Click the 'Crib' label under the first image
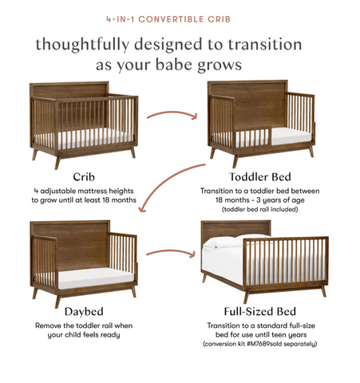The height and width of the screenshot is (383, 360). pyautogui.click(x=84, y=177)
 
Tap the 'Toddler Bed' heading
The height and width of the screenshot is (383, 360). pyautogui.click(x=260, y=177)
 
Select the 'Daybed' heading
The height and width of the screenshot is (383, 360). pyautogui.click(x=84, y=312)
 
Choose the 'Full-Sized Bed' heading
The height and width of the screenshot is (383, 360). pyautogui.click(x=260, y=311)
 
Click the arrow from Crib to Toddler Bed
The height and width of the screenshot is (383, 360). pyautogui.click(x=172, y=113)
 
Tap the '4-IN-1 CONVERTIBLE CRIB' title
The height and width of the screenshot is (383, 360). pyautogui.click(x=168, y=19)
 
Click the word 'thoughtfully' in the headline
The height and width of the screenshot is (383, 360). pyautogui.click(x=82, y=45)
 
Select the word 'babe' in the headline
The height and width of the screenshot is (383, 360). pyautogui.click(x=173, y=65)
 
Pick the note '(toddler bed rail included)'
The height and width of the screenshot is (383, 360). pyautogui.click(x=260, y=209)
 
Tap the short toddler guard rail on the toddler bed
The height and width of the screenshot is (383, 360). pyautogui.click(x=253, y=137)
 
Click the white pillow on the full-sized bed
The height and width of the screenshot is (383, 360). pyautogui.click(x=226, y=241)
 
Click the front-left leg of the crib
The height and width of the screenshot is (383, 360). pyautogui.click(x=57, y=162)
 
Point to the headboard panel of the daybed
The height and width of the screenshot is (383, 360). pyautogui.click(x=82, y=246)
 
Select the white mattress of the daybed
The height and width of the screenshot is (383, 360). pyautogui.click(x=96, y=278)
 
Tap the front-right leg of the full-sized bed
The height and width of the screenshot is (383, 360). pyautogui.click(x=323, y=291)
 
